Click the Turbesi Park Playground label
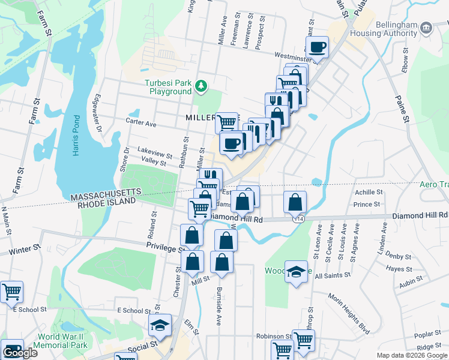tap(167, 87)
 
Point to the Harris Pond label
tap(76, 136)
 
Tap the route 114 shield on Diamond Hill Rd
tap(298, 220)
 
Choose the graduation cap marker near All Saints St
tap(295, 271)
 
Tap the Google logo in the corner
tap(20, 353)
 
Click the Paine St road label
tap(401, 109)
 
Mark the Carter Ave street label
tap(141, 123)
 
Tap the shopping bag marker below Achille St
tap(295, 202)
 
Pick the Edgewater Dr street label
tap(96, 113)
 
